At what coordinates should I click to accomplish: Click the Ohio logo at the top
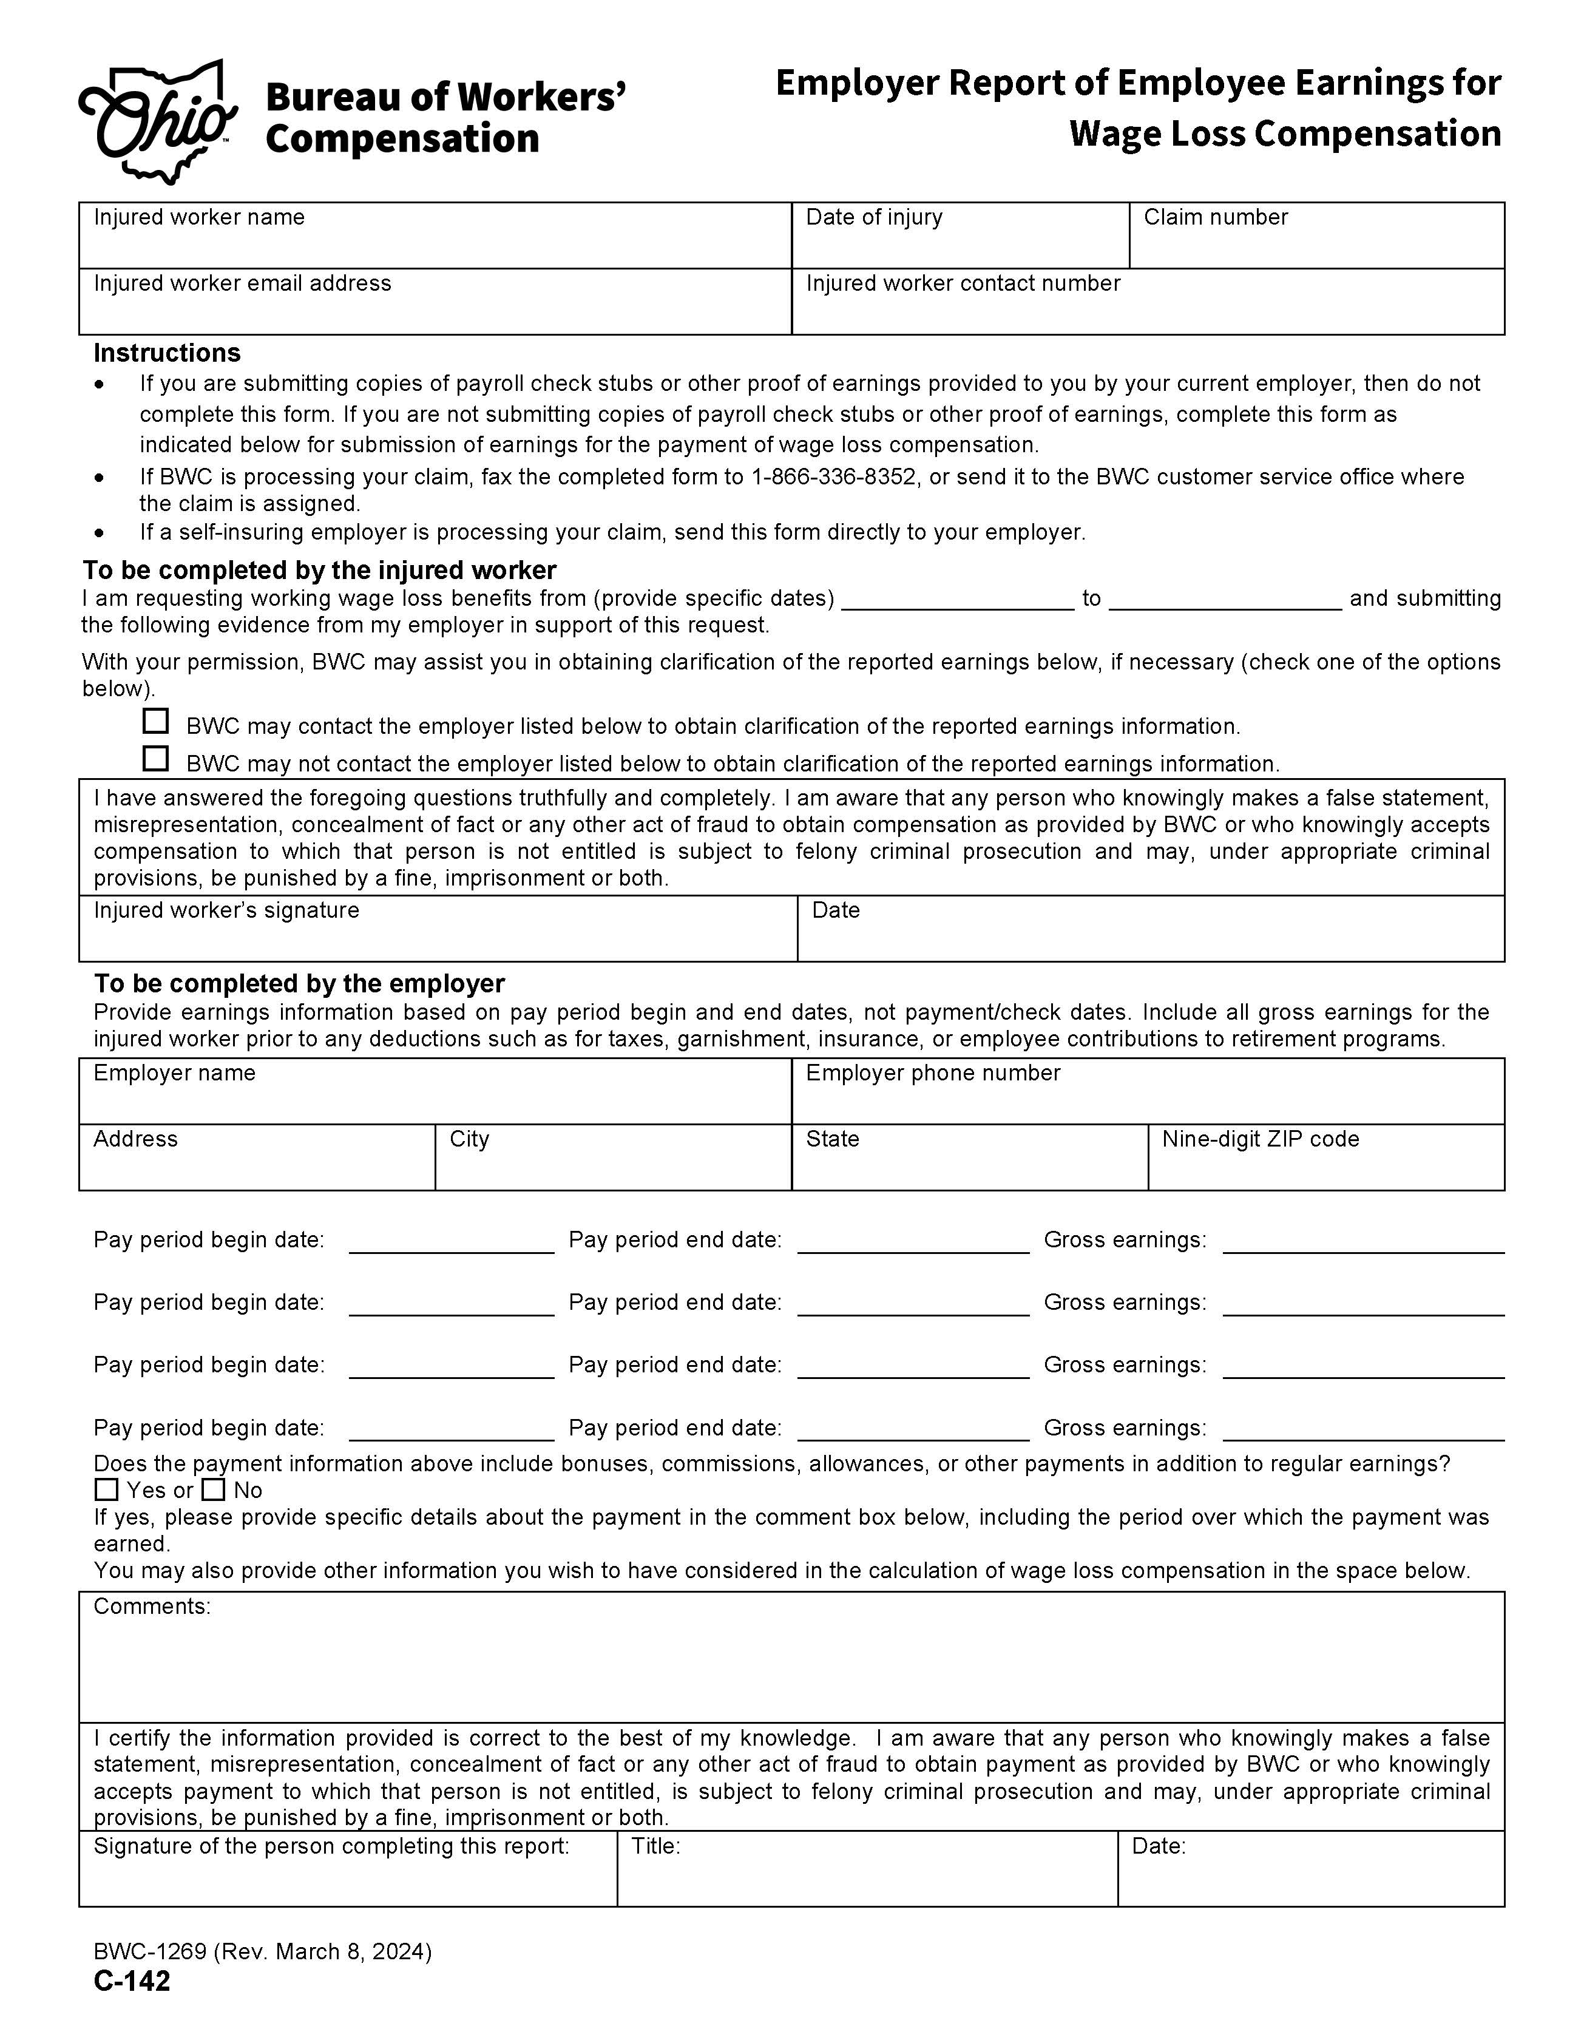[x=157, y=121]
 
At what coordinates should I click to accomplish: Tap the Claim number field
[x=1316, y=245]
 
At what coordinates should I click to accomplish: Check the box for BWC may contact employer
[x=155, y=721]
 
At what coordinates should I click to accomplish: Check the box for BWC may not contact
[x=155, y=759]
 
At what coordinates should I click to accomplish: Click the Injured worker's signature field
[x=437, y=938]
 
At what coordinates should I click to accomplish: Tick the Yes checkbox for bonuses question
[x=107, y=1489]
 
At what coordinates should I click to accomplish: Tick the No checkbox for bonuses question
[x=214, y=1489]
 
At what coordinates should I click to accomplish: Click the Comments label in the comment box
[x=152, y=1606]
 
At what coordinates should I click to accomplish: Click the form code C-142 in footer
[x=132, y=1981]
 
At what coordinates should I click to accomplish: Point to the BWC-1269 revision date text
[x=262, y=1951]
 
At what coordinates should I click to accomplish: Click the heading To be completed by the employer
[x=299, y=983]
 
